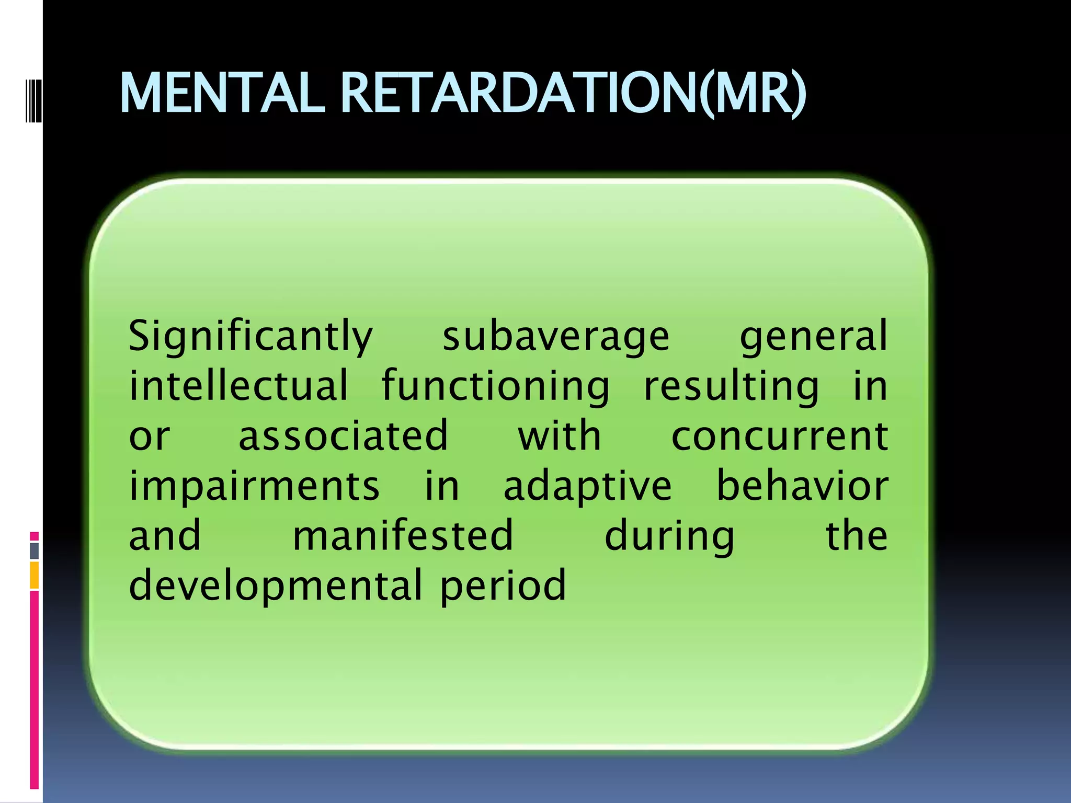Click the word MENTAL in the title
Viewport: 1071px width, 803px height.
click(x=222, y=93)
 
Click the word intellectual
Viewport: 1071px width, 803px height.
click(x=238, y=386)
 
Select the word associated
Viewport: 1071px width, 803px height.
click(x=343, y=435)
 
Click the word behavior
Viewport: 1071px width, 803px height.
click(x=802, y=485)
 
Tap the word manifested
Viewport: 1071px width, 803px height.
click(x=403, y=535)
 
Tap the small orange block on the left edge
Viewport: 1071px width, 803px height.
click(x=35, y=575)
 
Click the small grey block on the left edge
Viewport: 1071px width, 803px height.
click(x=35, y=551)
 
